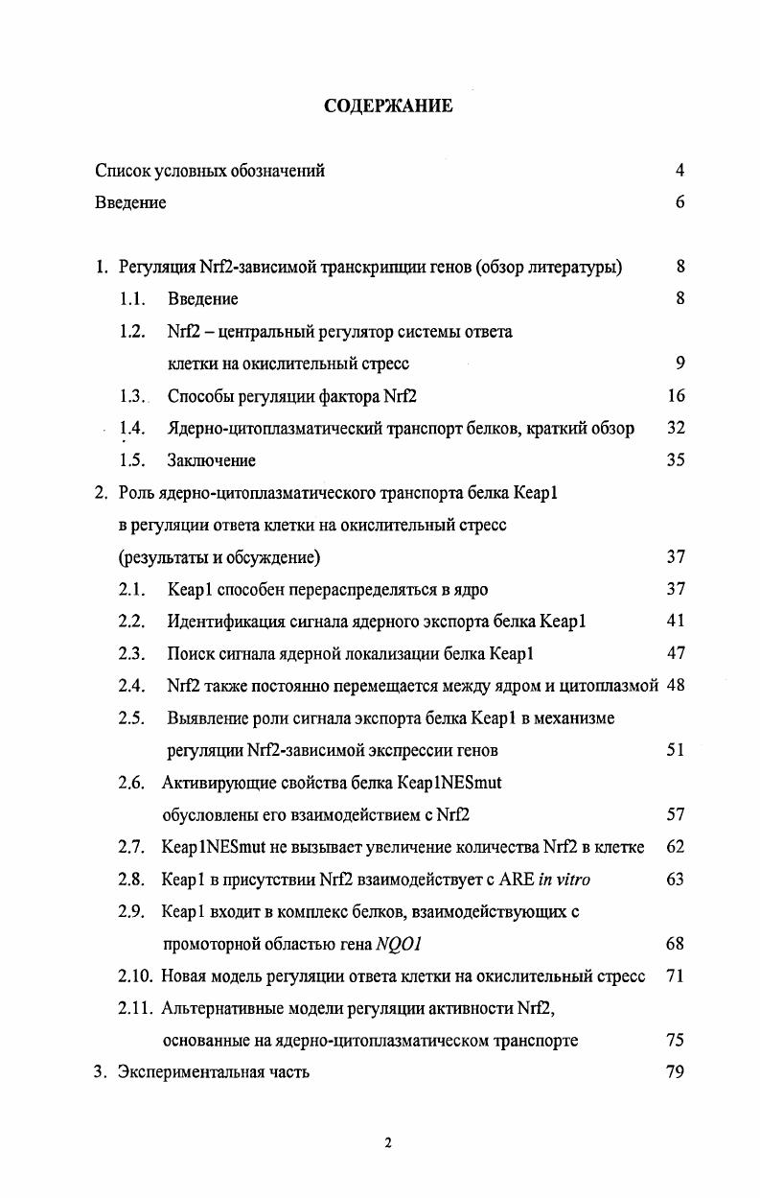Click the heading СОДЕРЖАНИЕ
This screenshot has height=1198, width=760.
388,106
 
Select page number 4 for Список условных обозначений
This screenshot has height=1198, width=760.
679,171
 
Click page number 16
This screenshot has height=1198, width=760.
676,396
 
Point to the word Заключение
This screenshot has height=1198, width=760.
212,460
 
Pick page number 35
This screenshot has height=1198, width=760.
676,460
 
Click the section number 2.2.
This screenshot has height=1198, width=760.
131,622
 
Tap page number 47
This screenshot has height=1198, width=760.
676,654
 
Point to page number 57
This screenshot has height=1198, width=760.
676,815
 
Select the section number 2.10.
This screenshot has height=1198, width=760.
135,976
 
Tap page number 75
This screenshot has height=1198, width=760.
676,1041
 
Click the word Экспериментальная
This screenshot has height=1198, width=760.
196,1072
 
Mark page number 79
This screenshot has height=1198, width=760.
676,1072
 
